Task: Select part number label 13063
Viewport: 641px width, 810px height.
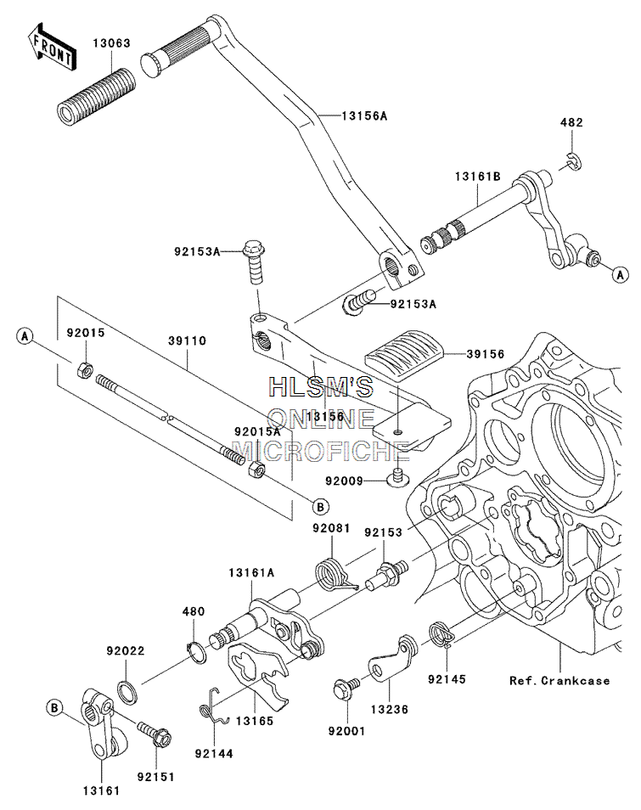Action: click(112, 42)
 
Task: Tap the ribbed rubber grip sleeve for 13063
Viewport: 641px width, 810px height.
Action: click(97, 97)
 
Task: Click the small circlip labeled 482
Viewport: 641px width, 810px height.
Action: click(572, 160)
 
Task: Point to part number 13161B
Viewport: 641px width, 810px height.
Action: click(478, 177)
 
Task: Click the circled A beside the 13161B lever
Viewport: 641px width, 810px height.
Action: click(621, 274)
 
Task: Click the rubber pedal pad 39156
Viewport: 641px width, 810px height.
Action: click(403, 358)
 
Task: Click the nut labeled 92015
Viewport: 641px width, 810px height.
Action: click(85, 370)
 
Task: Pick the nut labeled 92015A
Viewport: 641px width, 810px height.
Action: click(256, 470)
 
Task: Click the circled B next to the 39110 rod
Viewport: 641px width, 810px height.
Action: click(320, 507)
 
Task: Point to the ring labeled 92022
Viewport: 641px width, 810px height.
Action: click(128, 692)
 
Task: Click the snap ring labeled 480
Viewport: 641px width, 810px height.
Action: click(196, 652)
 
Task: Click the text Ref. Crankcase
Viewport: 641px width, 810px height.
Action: click(559, 680)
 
